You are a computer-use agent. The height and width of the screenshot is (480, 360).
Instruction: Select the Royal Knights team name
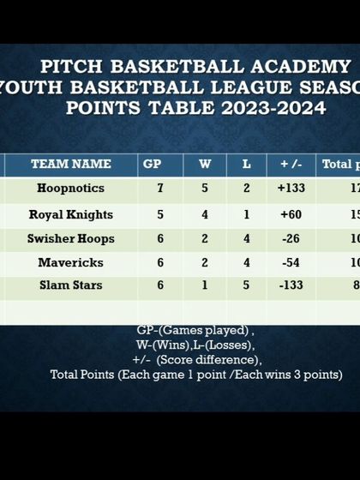[x=70, y=214]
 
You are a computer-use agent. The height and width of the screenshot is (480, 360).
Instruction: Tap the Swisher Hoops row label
[x=70, y=238]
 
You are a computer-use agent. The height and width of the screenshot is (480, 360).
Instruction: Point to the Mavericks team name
[x=70, y=262]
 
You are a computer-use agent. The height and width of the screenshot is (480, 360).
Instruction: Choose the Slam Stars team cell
[x=70, y=285]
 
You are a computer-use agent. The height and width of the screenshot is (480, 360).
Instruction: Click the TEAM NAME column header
[x=70, y=164]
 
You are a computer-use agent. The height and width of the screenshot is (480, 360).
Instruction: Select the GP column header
[x=159, y=164]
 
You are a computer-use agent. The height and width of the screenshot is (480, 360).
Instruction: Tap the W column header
[x=205, y=164]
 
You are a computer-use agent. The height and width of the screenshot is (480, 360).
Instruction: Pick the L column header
[x=247, y=164]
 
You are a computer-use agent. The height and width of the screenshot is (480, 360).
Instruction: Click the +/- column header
[x=291, y=164]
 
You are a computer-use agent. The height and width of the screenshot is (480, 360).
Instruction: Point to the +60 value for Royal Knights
[x=291, y=214]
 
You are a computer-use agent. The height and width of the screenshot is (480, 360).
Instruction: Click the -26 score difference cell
[x=291, y=238]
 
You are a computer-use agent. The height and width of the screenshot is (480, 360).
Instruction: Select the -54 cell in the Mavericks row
[x=291, y=262]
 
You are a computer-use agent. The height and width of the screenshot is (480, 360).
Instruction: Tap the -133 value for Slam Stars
[x=291, y=285]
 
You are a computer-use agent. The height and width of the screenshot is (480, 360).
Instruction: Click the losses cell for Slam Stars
[x=247, y=285]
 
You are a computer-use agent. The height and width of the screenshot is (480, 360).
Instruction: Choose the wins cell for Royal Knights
[x=205, y=214]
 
